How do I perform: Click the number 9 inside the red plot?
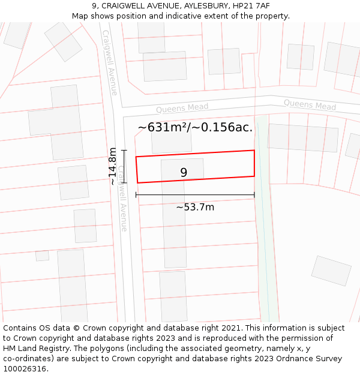point(184,173)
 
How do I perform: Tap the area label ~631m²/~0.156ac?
point(195,127)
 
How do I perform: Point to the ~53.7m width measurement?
point(195,207)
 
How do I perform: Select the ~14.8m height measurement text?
point(112,166)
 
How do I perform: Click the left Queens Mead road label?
point(182,108)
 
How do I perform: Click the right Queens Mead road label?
point(310,104)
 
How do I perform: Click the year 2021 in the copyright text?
point(230,328)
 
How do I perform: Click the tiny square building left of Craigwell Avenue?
point(42,256)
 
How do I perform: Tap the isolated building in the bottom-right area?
point(331,271)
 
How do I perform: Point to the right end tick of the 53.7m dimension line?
point(254,194)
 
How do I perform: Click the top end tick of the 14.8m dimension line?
point(124,150)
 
